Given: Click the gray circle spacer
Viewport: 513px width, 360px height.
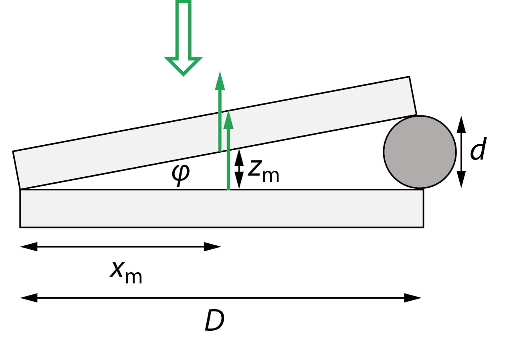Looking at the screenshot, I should click(x=420, y=152).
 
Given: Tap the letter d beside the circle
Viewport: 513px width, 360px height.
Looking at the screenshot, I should click(x=478, y=150).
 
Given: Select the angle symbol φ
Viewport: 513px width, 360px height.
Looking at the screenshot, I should click(x=181, y=174).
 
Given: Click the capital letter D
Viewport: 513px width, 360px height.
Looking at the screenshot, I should click(x=214, y=321).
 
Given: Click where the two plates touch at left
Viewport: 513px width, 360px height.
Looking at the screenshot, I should click(x=20, y=189).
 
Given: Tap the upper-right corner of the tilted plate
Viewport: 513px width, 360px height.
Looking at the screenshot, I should click(x=409, y=77).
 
